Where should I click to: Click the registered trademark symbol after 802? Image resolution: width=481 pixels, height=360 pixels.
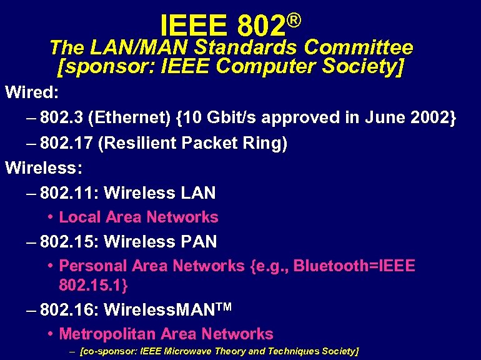point(295,21)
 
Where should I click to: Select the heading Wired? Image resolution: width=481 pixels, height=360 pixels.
point(32,93)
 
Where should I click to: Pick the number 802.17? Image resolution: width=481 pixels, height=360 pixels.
point(66,144)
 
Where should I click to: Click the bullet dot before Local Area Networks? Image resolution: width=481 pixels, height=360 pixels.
point(49,217)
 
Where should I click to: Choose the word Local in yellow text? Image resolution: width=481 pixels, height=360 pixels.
point(80,217)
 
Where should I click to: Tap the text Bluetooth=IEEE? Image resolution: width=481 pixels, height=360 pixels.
point(354,266)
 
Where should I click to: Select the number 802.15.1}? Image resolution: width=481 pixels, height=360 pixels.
point(94,286)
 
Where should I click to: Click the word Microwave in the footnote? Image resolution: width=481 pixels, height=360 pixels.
point(187,351)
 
